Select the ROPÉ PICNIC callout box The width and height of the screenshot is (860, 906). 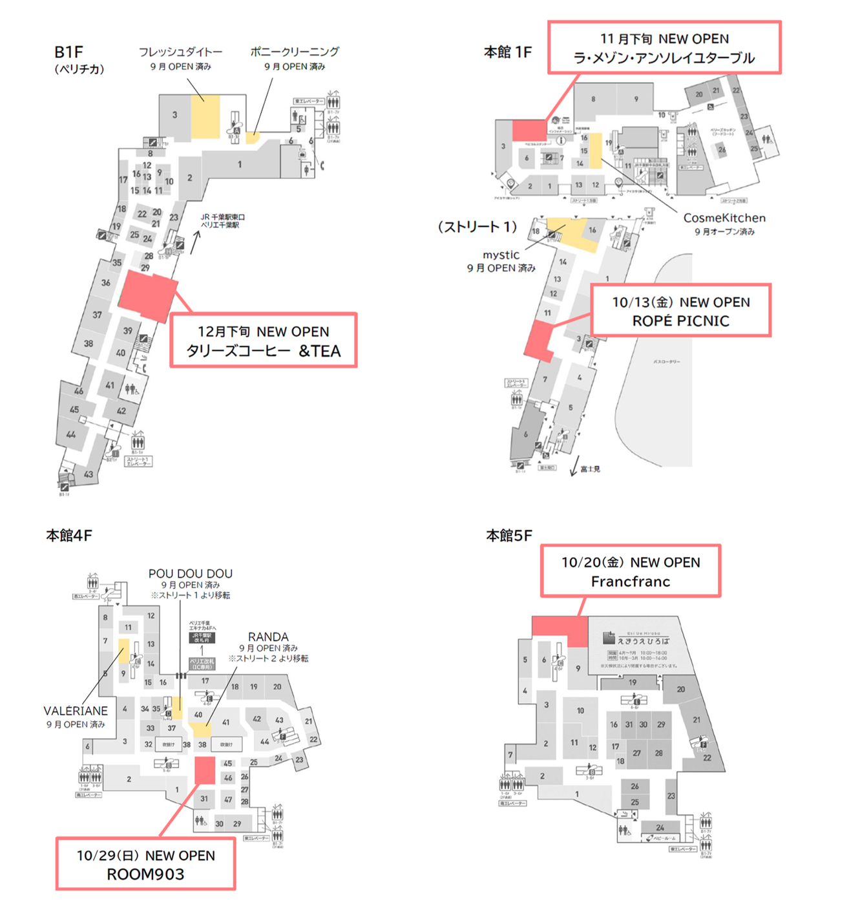tap(680, 311)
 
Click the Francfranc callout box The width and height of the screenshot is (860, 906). tap(630, 571)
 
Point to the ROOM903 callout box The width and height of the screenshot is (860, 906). tap(145, 864)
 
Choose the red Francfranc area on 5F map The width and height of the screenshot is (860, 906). tap(560, 630)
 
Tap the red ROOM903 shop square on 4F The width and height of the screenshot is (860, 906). tap(205, 770)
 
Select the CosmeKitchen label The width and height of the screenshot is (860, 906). tap(724, 218)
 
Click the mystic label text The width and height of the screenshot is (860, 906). tap(501, 255)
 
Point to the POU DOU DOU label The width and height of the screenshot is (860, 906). tap(190, 573)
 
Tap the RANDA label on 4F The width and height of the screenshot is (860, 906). tap(268, 637)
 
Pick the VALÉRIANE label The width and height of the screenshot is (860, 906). tap(76, 711)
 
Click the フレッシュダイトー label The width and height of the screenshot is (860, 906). tap(180, 52)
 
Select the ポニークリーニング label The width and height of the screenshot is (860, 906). tap(294, 52)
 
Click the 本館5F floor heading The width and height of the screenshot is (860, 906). tap(509, 536)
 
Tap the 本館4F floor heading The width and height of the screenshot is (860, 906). tap(69, 536)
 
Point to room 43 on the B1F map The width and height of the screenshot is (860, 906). tap(89, 474)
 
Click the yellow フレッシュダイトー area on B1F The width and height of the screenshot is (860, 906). tap(205, 116)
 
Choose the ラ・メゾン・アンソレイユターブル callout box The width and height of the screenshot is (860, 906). tap(664, 48)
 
